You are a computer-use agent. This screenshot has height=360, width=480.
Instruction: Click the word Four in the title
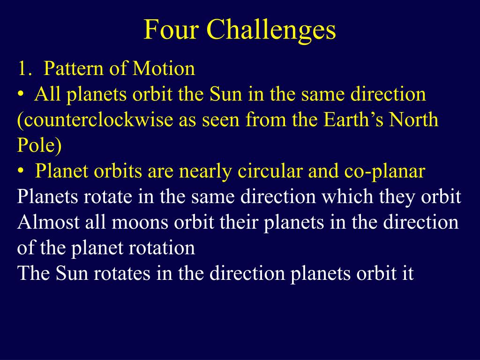(172, 29)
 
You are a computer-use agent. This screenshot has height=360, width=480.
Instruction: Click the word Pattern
(74, 68)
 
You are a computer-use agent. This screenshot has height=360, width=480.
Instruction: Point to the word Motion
(164, 68)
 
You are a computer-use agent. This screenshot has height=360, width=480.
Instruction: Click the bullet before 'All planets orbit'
(21, 94)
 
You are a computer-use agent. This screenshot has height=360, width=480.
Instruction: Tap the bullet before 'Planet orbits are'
(21, 171)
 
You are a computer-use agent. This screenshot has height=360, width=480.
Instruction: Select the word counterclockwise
(95, 120)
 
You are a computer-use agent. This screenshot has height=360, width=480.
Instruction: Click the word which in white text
(347, 196)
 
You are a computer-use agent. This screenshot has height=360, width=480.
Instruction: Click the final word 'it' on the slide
(408, 273)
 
